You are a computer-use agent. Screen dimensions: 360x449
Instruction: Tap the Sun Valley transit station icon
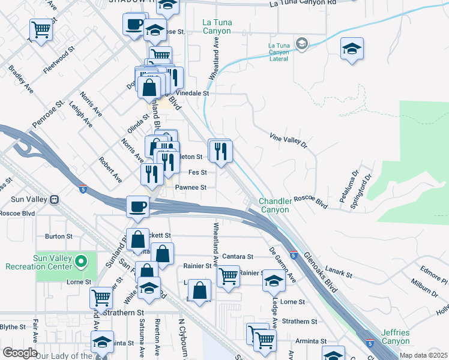(x=55, y=199)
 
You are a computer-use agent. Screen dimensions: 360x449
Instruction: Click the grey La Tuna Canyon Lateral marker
(x=302, y=43)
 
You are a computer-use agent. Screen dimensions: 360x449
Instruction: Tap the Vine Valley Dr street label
(x=288, y=140)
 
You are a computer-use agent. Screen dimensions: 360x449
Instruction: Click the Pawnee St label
(x=191, y=187)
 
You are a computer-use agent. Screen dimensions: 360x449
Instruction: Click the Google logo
(x=19, y=353)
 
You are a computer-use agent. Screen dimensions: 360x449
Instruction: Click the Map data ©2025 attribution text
(x=423, y=355)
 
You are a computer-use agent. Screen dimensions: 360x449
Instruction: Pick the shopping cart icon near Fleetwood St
(x=41, y=28)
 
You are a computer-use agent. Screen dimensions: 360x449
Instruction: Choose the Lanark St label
(x=339, y=271)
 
